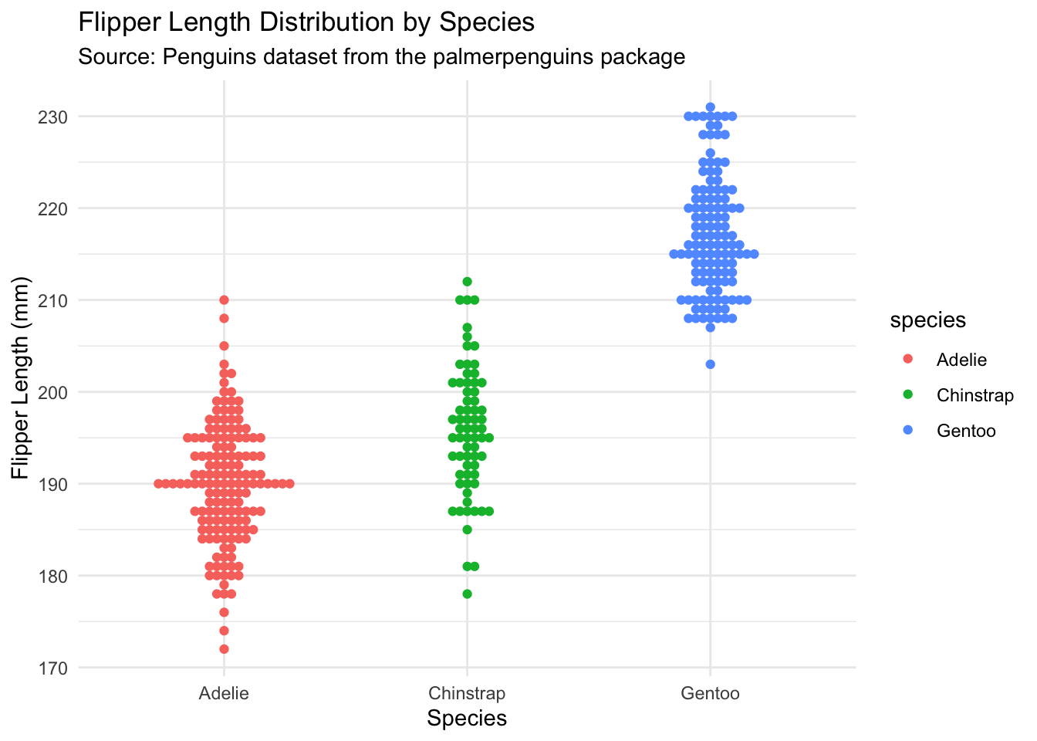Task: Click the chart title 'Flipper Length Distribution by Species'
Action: point(306,22)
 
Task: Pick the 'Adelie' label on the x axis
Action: point(224,693)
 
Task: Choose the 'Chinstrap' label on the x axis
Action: point(467,693)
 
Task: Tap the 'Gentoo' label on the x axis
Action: point(710,693)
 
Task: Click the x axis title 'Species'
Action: point(467,719)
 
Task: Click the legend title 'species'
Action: point(927,320)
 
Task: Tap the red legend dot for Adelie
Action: point(907,360)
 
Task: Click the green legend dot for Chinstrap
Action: point(907,395)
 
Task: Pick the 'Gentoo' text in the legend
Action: point(966,431)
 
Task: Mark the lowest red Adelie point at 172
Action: point(224,649)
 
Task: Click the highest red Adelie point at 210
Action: point(224,299)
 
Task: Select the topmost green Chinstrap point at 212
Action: point(467,282)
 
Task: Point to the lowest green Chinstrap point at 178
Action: point(467,594)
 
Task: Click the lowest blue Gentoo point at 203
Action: point(710,364)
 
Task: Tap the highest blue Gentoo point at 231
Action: point(710,107)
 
